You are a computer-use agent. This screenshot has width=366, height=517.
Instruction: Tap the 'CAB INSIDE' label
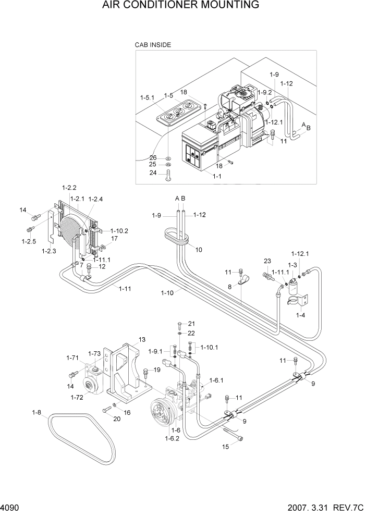(x=153, y=45)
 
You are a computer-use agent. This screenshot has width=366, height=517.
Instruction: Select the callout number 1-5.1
(x=148, y=97)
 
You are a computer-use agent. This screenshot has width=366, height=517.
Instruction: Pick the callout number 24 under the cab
(x=153, y=173)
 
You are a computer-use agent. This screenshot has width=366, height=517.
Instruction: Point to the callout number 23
(x=268, y=261)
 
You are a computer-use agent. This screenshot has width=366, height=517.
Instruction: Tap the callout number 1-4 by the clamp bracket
(x=301, y=315)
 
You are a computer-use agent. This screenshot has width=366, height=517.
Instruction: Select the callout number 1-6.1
(x=216, y=380)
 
